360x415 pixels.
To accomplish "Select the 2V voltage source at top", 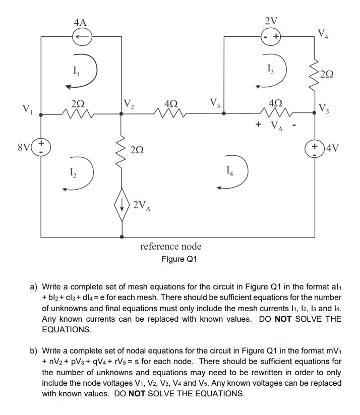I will [271, 36].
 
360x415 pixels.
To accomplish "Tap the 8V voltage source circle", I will [40, 148].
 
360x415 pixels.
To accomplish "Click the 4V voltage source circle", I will [315, 148].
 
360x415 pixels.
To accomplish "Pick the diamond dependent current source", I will [122, 205].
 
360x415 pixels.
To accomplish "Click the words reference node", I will [170, 247].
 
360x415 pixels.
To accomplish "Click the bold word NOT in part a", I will [285, 319].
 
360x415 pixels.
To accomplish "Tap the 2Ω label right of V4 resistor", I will [326, 75].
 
